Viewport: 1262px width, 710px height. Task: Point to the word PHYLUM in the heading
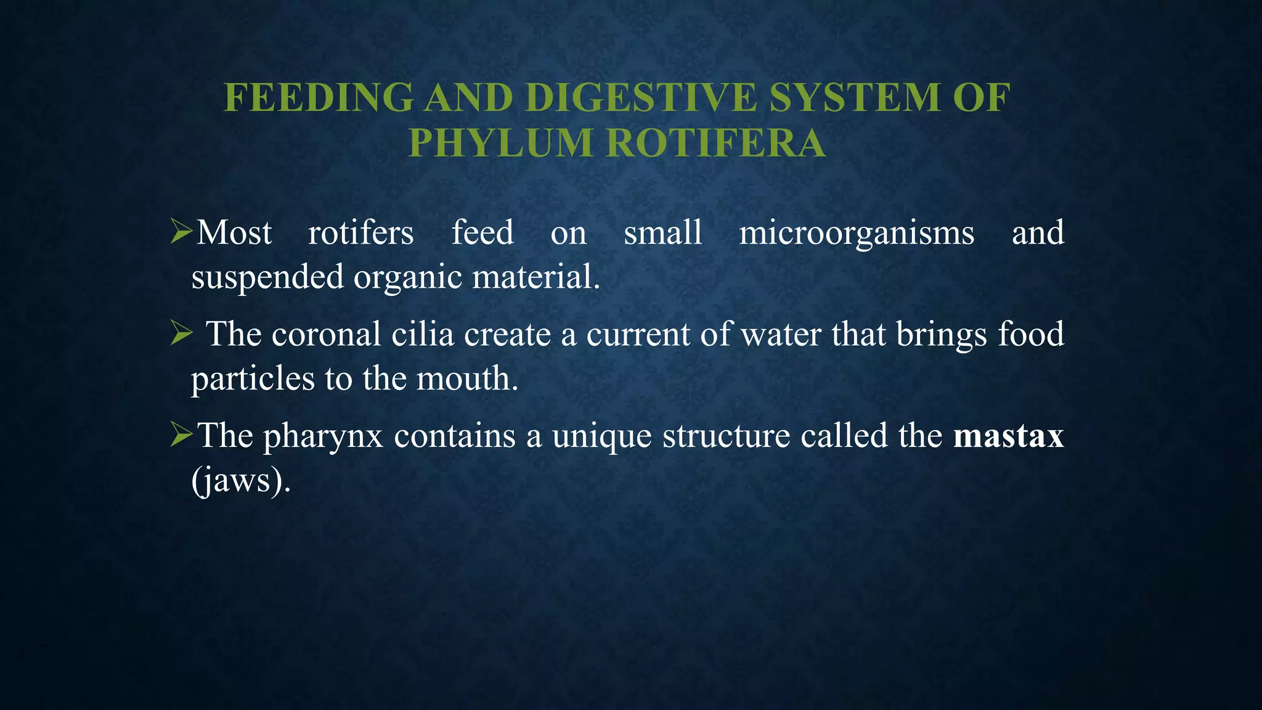pyautogui.click(x=500, y=143)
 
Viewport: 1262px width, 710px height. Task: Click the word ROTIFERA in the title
pyautogui.click(x=716, y=143)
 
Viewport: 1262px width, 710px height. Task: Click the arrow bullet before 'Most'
pyautogui.click(x=182, y=232)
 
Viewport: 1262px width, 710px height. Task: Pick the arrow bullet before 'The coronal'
pyautogui.click(x=182, y=334)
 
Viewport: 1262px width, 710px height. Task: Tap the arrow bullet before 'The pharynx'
pyautogui.click(x=182, y=435)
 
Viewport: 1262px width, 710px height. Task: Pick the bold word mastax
pyautogui.click(x=1008, y=436)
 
